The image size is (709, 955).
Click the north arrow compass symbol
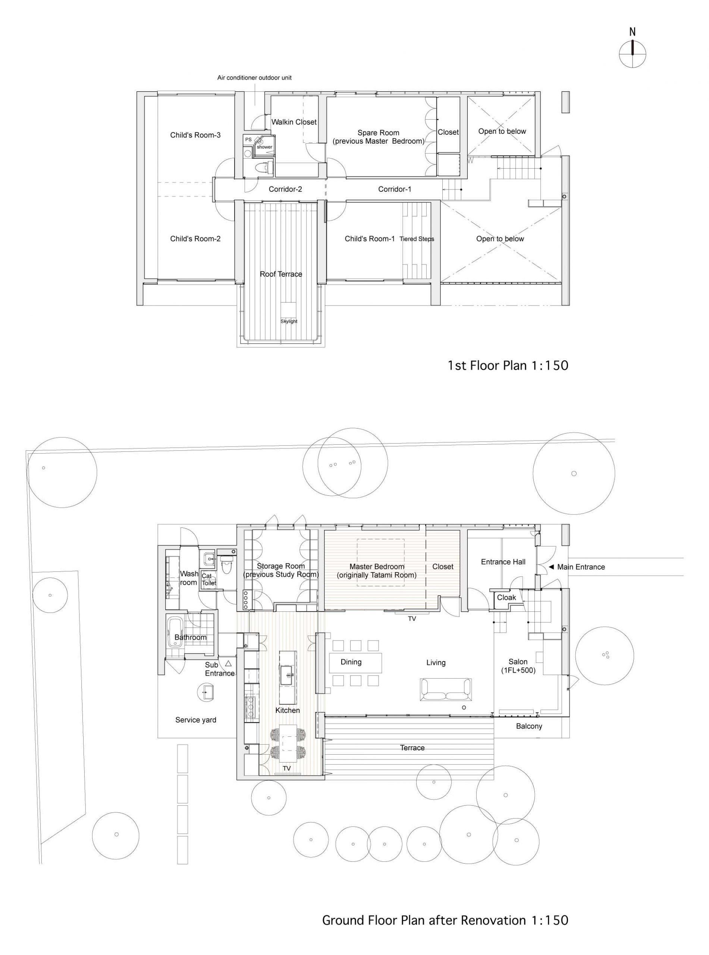(x=632, y=54)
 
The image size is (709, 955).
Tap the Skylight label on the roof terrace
(x=289, y=321)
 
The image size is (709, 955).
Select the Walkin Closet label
(x=294, y=122)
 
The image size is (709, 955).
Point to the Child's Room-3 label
(x=195, y=135)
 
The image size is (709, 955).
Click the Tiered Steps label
(x=417, y=239)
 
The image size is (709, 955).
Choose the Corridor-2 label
(x=285, y=189)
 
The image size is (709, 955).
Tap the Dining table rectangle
(x=355, y=663)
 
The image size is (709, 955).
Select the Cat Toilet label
(x=208, y=579)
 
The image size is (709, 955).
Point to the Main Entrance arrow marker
(x=552, y=567)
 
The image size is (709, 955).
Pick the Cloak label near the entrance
(x=506, y=598)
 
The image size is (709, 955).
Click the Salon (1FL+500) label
(x=518, y=666)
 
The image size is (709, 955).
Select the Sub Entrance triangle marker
(x=228, y=663)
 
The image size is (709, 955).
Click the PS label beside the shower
(x=248, y=140)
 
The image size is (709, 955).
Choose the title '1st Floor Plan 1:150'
(x=508, y=365)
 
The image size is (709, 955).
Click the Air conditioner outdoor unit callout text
(x=254, y=78)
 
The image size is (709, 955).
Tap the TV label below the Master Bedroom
(x=412, y=619)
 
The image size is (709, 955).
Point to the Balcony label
(x=529, y=726)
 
